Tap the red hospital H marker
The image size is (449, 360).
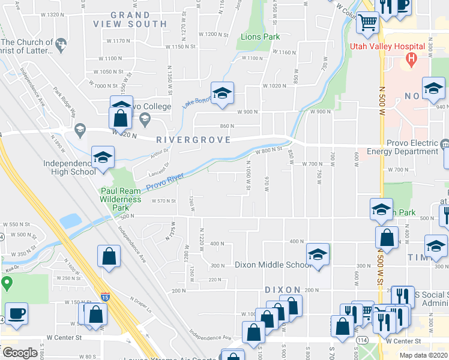[x=411, y=58]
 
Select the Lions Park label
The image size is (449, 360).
[x=261, y=37]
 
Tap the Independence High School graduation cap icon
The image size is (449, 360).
[x=103, y=158]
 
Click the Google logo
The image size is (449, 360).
[x=20, y=353]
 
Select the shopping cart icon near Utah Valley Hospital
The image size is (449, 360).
[x=367, y=23]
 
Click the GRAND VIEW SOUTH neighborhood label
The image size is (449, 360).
[x=130, y=19]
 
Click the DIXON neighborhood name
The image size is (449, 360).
[x=283, y=290]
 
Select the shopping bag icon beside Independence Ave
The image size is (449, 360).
[x=109, y=256]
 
